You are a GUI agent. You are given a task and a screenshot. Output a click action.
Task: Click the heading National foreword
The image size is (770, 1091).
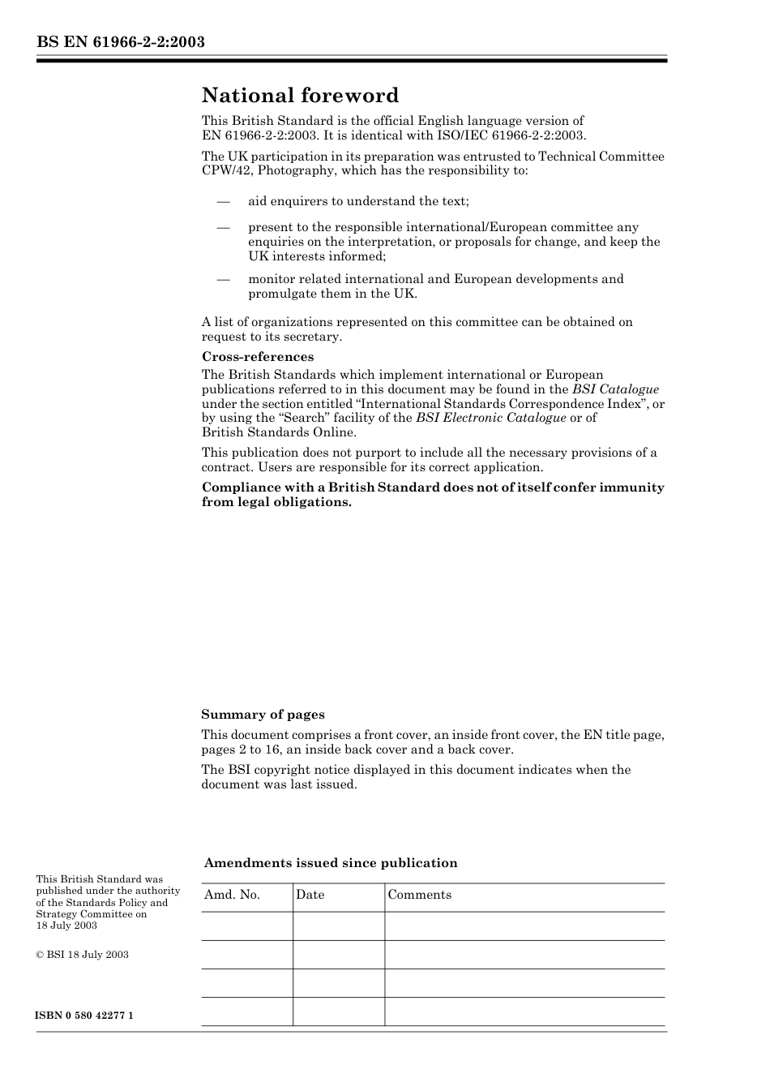(x=300, y=96)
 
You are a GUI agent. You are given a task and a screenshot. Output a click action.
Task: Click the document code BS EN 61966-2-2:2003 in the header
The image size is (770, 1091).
(x=120, y=41)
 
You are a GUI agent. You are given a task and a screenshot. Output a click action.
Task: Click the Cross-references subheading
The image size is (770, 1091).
(x=257, y=357)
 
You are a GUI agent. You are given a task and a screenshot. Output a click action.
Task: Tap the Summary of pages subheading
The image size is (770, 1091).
(x=263, y=715)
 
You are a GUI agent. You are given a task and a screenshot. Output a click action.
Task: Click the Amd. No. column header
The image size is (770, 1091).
(x=232, y=895)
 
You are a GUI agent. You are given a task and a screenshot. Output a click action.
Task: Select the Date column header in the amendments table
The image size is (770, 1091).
(x=310, y=895)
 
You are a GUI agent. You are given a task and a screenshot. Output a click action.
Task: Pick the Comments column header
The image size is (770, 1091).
(x=419, y=895)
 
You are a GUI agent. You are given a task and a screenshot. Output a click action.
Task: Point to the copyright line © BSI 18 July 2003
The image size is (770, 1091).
(x=82, y=955)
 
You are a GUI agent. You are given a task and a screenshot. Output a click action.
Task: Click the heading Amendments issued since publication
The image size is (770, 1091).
(x=331, y=863)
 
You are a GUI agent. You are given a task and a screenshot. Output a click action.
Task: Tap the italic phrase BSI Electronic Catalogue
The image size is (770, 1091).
(x=490, y=418)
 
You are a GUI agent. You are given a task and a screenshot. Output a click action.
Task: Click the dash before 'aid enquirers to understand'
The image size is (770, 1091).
(x=223, y=201)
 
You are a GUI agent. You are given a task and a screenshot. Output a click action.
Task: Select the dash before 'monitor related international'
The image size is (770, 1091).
(x=223, y=279)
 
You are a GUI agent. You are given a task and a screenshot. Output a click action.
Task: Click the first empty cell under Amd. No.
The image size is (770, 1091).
(x=246, y=926)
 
